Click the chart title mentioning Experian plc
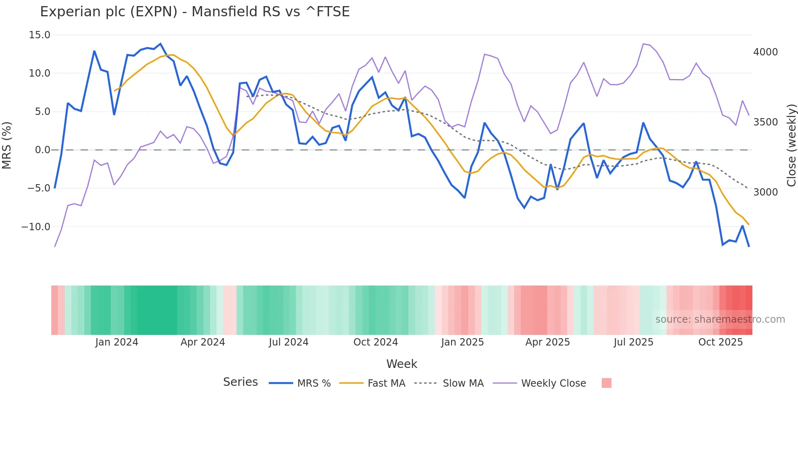pos(195,12)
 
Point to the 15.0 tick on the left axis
pos(39,35)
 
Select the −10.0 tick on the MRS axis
pos(36,227)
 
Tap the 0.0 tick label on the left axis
pos(42,150)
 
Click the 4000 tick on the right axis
pos(765,52)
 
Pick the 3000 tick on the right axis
pos(765,192)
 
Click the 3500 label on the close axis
pos(765,122)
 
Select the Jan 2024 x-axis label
pos(117,342)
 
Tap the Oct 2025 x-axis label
pos(720,342)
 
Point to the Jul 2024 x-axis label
pos(289,342)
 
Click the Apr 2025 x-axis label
pos(548,342)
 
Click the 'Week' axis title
pos(401,364)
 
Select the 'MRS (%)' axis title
pos(7,145)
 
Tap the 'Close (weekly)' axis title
pos(791,145)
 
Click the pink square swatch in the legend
pos(606,383)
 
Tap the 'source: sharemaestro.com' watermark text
pos(720,319)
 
